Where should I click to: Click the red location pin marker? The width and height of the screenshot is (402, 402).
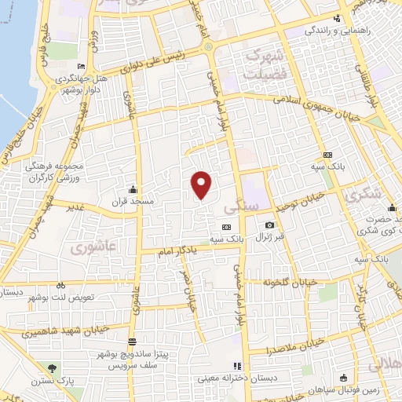point(202,185)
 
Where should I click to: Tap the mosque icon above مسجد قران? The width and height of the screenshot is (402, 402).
point(133,189)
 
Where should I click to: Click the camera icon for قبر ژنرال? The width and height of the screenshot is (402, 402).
point(270,225)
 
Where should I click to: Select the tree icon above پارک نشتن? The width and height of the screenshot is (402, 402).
point(52,367)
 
